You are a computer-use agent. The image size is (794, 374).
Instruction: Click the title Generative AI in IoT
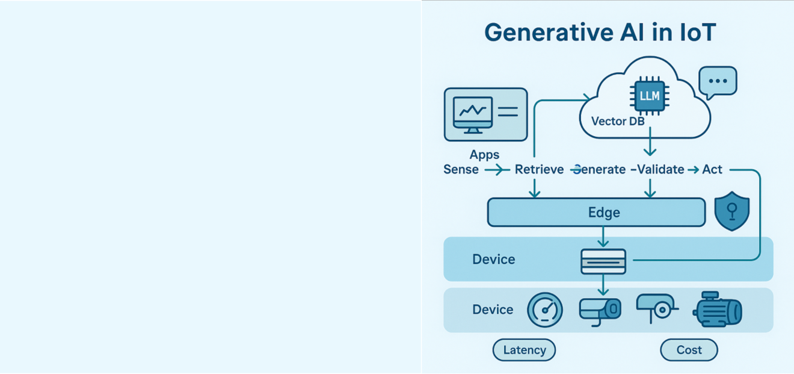600,32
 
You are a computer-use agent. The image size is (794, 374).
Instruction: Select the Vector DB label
618,121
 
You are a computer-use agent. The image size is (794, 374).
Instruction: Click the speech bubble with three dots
717,82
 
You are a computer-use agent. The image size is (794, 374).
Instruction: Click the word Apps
484,155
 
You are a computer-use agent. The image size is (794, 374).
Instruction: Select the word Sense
461,169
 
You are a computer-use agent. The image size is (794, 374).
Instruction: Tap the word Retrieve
540,169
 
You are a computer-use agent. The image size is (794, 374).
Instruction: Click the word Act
712,169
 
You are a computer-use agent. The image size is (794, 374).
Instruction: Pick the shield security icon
731,211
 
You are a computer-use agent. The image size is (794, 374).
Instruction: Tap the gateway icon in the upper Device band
603,261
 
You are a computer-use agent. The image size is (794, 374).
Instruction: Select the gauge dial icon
545,310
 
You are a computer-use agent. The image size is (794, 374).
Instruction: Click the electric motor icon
717,310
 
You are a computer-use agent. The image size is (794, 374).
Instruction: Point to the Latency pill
524,350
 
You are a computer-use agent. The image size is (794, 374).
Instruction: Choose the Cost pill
689,350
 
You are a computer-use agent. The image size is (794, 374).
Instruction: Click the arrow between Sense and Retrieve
496,170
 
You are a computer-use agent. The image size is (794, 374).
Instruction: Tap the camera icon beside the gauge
600,310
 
